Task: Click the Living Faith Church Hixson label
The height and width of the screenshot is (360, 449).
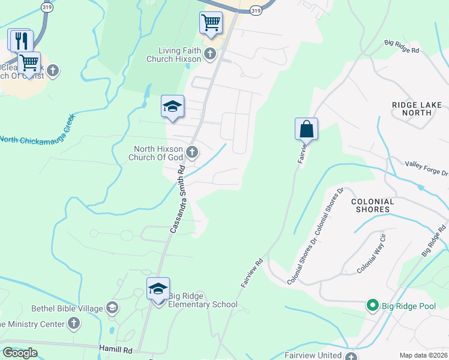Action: (x=174, y=55)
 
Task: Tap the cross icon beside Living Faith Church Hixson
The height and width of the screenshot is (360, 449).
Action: (x=210, y=55)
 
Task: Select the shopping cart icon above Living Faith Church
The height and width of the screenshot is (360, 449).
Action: (x=210, y=23)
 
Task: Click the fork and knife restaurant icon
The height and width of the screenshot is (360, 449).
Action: (x=21, y=40)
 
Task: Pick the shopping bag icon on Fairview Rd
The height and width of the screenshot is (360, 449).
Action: (x=306, y=128)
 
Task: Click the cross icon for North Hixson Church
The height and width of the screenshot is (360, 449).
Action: (x=192, y=152)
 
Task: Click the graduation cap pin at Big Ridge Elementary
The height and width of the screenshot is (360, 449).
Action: (x=158, y=289)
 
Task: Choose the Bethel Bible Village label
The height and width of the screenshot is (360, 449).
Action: (x=67, y=308)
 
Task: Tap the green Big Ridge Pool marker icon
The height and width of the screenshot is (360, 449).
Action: (x=372, y=306)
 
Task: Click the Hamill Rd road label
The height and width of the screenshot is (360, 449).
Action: (x=116, y=349)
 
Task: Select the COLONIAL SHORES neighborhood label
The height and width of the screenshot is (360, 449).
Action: (x=373, y=205)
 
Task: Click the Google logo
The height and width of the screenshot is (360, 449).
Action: (x=20, y=353)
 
